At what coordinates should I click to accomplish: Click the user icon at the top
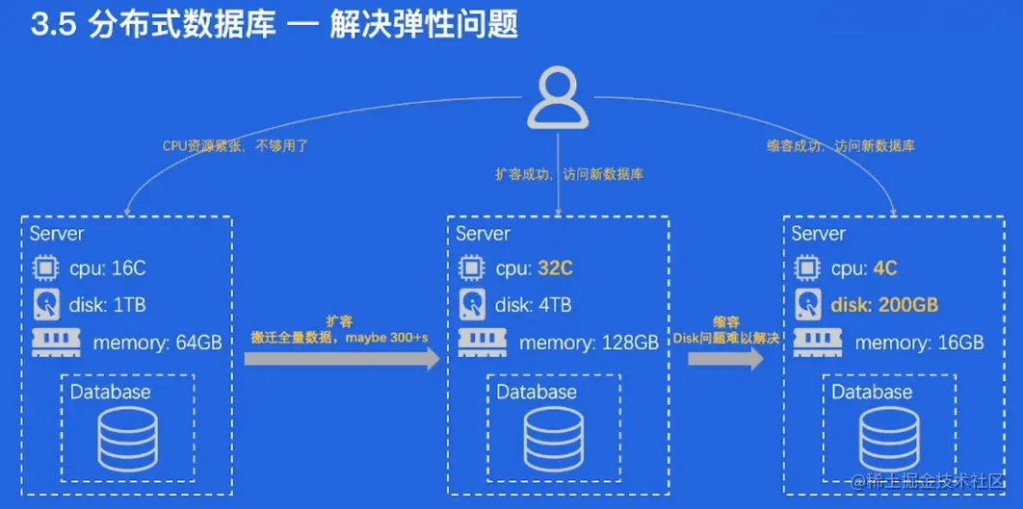click(x=558, y=99)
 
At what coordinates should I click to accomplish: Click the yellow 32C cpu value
click(x=554, y=268)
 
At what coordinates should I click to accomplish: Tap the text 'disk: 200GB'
click(x=883, y=306)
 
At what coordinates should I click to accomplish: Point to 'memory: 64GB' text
click(x=157, y=343)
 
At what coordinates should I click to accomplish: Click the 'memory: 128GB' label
click(x=589, y=343)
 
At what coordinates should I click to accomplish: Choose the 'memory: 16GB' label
click(x=919, y=343)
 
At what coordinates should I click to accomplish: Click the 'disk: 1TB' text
click(x=107, y=306)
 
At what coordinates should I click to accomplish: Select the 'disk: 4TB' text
click(x=533, y=306)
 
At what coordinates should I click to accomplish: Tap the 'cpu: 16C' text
click(x=107, y=268)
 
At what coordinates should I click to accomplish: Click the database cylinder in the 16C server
click(x=127, y=438)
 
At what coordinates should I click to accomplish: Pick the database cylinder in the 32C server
click(x=554, y=438)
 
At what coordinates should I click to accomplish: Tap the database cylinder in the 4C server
click(x=889, y=438)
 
